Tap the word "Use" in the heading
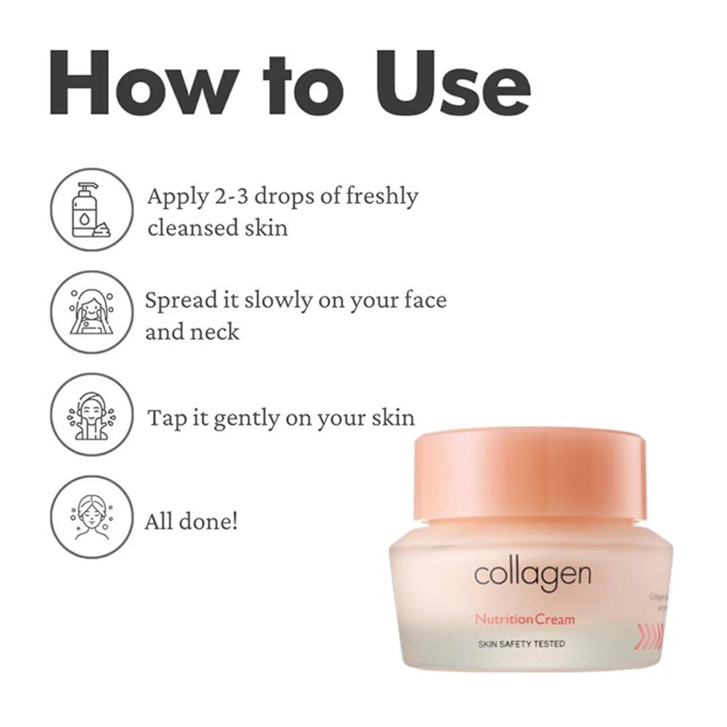[452, 82]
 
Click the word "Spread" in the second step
[180, 301]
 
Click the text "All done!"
[191, 521]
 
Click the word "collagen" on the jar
[532, 576]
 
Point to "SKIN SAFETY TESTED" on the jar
[521, 644]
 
